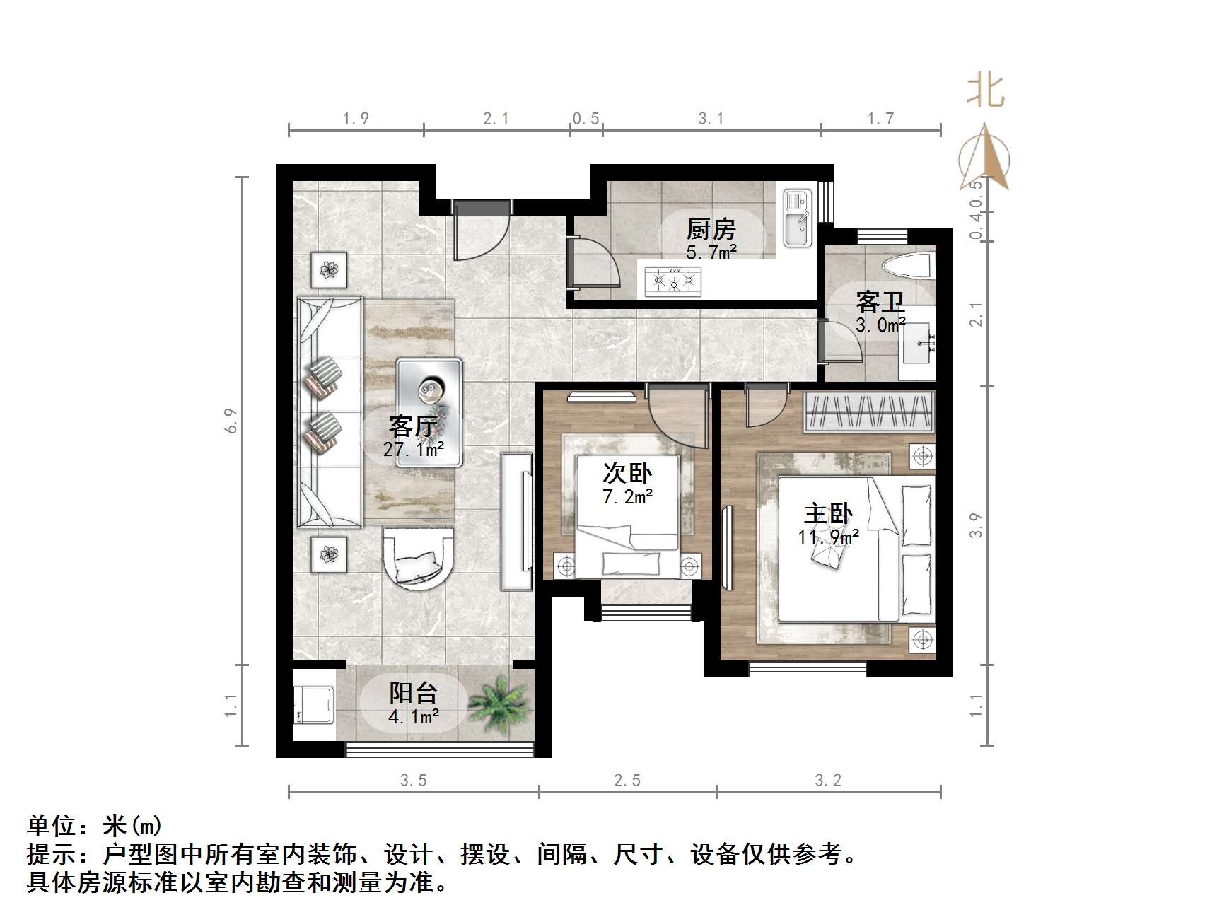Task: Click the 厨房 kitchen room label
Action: click(x=711, y=229)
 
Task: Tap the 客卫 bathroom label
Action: click(x=880, y=302)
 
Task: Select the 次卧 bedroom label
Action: click(x=627, y=473)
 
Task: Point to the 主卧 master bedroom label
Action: click(x=828, y=513)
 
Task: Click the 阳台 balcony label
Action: click(x=414, y=693)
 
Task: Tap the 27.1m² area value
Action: click(x=414, y=449)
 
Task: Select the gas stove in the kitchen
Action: click(x=674, y=281)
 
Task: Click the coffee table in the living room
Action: click(x=429, y=412)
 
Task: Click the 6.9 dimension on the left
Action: click(x=231, y=421)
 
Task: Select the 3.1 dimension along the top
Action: click(x=711, y=119)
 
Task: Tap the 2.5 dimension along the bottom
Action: click(x=627, y=780)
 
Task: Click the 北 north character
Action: click(x=986, y=91)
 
